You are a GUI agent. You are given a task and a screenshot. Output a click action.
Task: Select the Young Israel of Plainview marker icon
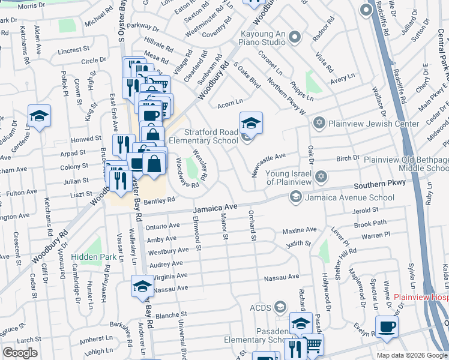tap(321, 176)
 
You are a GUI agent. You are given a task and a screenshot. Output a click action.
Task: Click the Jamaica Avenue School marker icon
tap(295, 196)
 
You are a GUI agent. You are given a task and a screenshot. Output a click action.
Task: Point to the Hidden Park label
tap(92, 257)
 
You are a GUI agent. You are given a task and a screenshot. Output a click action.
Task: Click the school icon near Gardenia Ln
tap(40, 116)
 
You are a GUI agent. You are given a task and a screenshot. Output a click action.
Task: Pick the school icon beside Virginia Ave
tap(142, 286)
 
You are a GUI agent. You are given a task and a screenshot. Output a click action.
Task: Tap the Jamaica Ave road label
tap(215, 208)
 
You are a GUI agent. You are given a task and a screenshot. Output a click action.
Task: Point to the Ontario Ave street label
tap(163, 226)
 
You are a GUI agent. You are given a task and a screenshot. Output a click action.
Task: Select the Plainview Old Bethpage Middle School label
tap(406, 165)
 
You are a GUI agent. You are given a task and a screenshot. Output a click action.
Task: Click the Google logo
tap(20, 353)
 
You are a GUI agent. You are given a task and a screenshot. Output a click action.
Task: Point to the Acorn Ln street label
tap(230, 101)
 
